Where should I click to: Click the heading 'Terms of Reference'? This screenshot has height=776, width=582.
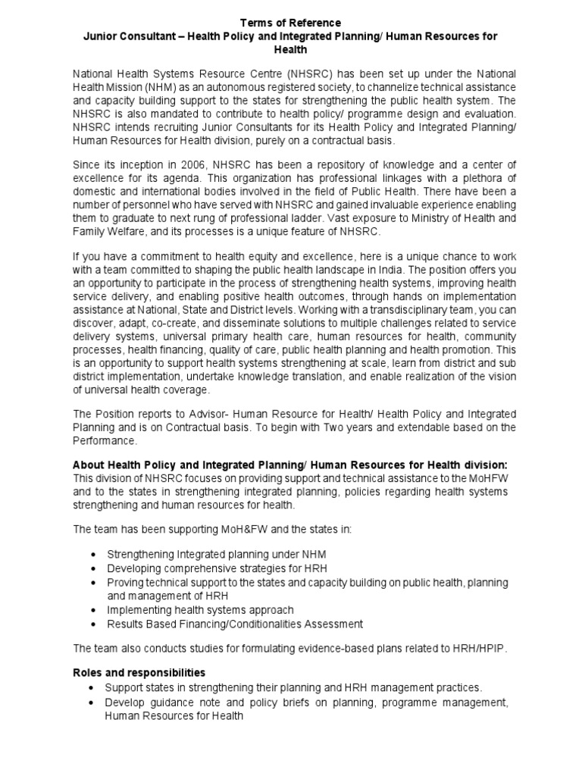pos(290,23)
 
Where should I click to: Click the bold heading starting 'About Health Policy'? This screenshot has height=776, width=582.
pos(289,465)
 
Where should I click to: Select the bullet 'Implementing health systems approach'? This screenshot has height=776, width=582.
pos(200,610)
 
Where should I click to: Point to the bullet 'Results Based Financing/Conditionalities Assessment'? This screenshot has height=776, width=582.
pos(235,624)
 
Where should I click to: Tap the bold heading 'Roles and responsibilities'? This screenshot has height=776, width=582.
pos(139,672)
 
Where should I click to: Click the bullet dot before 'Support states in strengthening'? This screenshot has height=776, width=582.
pos(92,688)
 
